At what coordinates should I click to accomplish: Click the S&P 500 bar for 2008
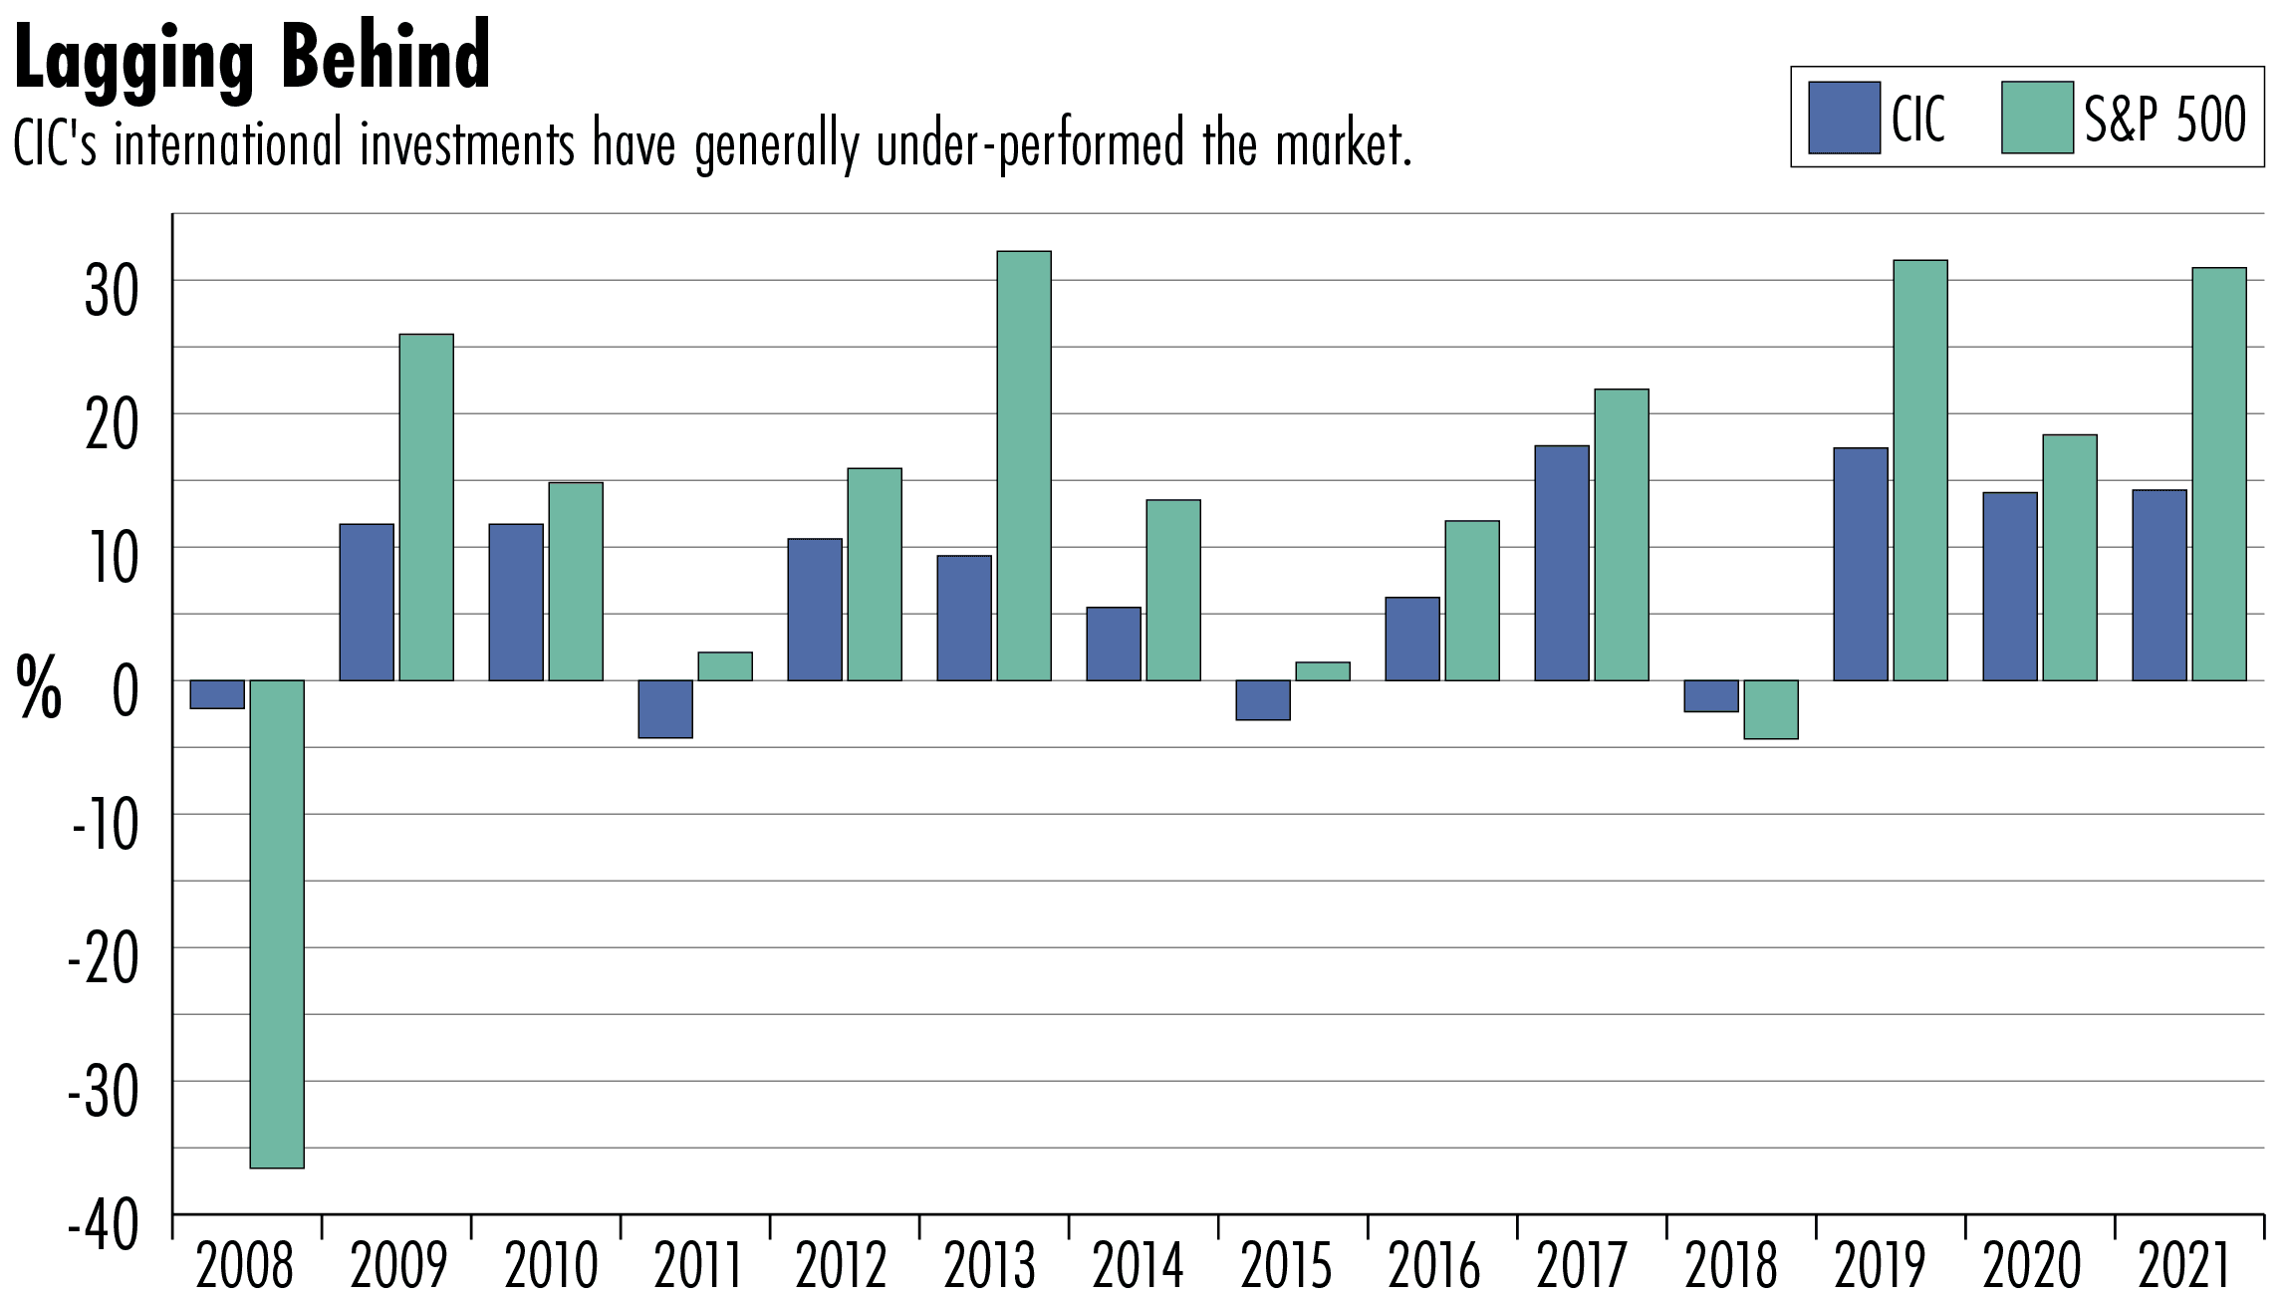277,923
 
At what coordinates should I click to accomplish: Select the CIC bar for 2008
217,694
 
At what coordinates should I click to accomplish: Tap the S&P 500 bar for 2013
1024,466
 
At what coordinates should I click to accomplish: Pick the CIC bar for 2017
1562,563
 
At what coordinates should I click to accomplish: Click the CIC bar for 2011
665,709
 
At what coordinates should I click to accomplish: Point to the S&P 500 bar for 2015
1323,671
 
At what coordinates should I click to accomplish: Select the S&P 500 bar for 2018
1771,709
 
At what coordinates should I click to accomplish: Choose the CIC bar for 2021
2159,586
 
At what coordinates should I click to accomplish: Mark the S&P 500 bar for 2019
1920,470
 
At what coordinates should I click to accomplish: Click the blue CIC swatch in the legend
1844,118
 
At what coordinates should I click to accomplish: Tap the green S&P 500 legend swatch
2037,118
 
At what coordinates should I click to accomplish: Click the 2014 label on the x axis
1139,1266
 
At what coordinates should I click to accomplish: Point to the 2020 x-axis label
2032,1266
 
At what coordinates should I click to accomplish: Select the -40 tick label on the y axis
105,1227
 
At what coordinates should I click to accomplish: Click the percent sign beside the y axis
39,688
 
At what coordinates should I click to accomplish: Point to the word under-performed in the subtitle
1031,145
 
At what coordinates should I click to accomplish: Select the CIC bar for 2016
1412,639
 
